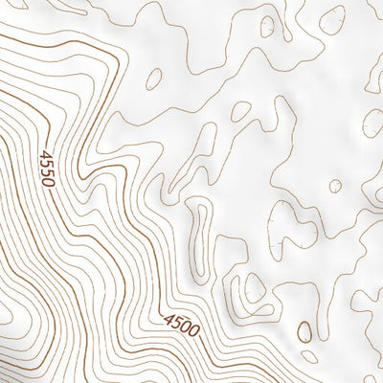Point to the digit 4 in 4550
pyautogui.click(x=45, y=154)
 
